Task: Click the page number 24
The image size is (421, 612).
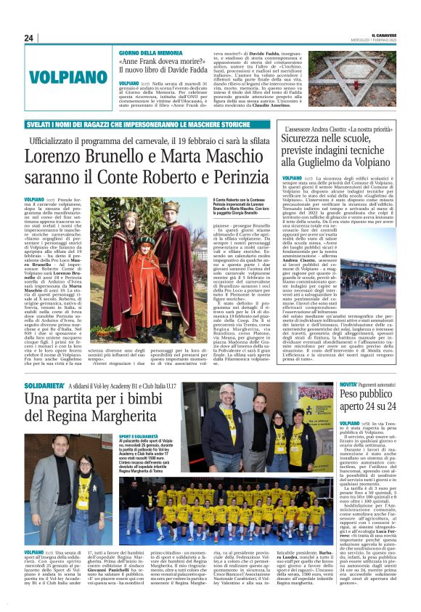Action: click(x=29, y=38)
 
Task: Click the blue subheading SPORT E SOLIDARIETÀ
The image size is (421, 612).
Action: click(x=140, y=437)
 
